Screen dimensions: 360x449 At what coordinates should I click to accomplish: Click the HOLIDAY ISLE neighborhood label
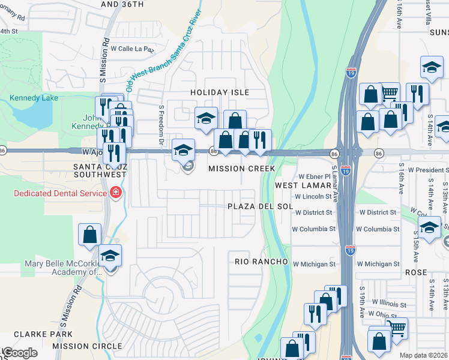(x=220, y=92)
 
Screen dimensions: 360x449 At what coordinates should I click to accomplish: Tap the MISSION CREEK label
(x=242, y=169)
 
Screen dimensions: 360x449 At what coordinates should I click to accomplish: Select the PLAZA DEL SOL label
(x=260, y=206)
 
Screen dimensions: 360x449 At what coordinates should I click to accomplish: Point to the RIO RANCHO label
(x=262, y=262)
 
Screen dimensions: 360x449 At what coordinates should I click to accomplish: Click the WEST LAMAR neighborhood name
(x=299, y=185)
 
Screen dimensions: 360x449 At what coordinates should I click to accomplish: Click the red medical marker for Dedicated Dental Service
(x=114, y=193)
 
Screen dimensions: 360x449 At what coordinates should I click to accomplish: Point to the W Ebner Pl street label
(x=315, y=177)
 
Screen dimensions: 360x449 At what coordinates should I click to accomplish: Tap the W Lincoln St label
(x=313, y=196)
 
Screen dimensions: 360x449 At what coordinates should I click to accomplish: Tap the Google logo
(x=20, y=353)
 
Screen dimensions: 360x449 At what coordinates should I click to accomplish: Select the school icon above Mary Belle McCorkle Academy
(x=110, y=257)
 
